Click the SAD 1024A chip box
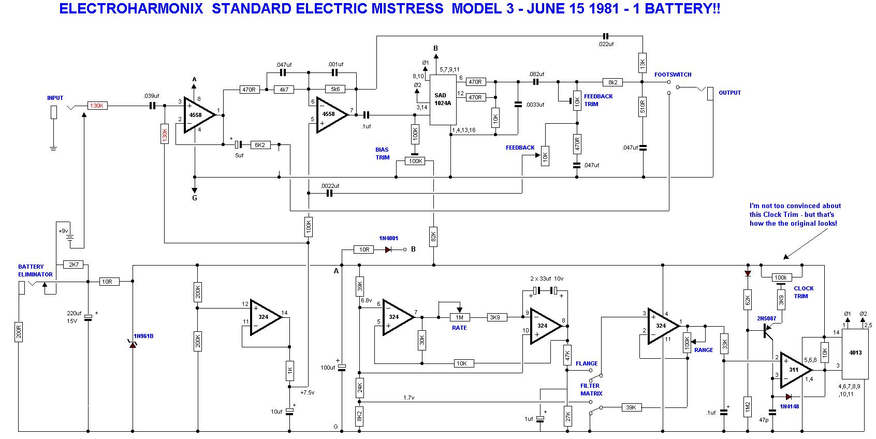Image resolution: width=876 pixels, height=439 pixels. (443, 100)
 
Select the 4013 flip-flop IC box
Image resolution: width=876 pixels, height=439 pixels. (855, 354)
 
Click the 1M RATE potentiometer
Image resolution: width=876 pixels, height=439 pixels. (460, 317)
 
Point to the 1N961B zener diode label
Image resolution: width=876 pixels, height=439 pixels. (143, 336)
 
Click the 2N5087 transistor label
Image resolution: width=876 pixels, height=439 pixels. (766, 318)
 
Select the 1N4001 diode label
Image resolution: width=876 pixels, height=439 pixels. (388, 238)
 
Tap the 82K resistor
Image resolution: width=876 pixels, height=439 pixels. (433, 237)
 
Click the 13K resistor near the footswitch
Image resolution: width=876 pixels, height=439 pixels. (643, 63)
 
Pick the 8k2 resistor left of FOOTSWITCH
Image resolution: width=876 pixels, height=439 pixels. (613, 82)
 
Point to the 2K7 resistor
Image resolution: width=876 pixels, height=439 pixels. (74, 265)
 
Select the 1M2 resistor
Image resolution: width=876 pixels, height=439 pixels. (747, 407)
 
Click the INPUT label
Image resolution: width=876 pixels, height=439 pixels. (55, 98)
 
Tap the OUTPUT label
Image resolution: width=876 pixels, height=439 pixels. (729, 93)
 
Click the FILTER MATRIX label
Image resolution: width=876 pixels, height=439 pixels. (591, 389)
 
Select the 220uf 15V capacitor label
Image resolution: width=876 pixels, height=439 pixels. (74, 317)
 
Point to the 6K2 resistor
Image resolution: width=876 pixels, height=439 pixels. (260, 145)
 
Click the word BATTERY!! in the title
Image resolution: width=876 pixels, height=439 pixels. (682, 9)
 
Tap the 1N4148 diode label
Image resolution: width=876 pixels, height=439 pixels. (789, 406)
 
